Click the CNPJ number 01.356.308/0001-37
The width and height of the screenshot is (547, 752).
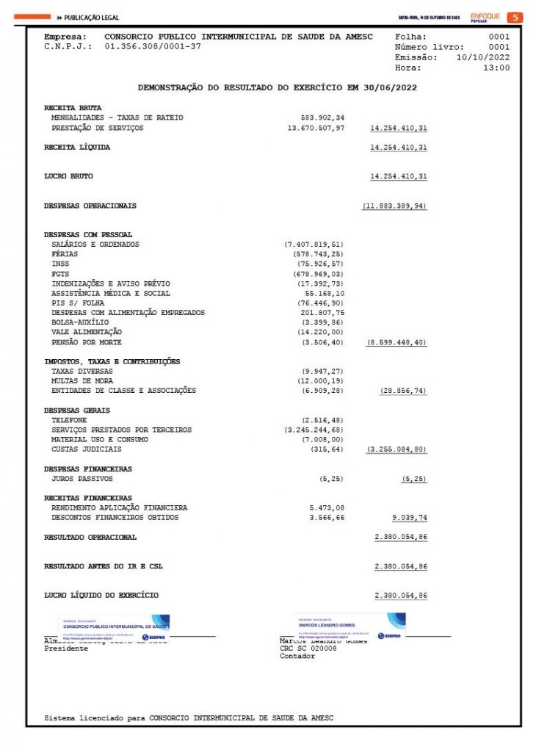[153, 46]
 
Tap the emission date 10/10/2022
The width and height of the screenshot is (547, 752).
[483, 57]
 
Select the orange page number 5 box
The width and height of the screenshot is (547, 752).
[515, 17]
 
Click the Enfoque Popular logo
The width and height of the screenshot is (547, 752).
[485, 17]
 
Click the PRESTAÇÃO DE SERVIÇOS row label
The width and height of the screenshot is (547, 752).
[97, 128]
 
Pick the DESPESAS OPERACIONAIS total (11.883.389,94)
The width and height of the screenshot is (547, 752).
[394, 206]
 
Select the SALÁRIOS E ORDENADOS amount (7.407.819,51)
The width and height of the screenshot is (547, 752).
[314, 244]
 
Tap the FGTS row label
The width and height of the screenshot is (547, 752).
[59, 273]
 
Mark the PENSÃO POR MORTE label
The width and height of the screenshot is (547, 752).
[87, 342]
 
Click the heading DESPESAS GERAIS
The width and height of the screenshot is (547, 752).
[77, 410]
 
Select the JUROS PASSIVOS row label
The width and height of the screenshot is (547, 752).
[82, 479]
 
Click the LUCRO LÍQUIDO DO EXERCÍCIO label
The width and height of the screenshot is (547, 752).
[101, 595]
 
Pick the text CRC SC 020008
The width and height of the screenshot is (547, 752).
[308, 648]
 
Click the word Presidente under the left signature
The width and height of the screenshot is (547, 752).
[66, 648]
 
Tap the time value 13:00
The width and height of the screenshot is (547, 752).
[496, 68]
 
